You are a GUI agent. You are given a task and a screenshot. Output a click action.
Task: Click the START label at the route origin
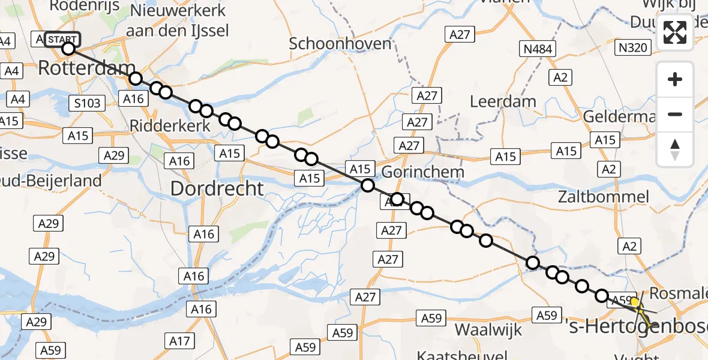pyautogui.click(x=61, y=40)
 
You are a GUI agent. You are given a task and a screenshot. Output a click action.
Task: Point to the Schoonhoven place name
pyautogui.click(x=340, y=43)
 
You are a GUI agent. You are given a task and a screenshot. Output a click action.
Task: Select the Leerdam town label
pyautogui.click(x=503, y=101)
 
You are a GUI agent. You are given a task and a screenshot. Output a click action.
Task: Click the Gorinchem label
pyautogui.click(x=422, y=172)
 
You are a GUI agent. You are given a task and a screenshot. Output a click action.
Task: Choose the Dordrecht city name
pyautogui.click(x=217, y=188)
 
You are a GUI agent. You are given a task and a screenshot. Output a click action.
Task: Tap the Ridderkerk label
pyautogui.click(x=170, y=126)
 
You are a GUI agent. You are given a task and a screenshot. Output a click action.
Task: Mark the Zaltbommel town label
pyautogui.click(x=603, y=197)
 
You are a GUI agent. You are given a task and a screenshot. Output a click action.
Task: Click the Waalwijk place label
pyautogui.click(x=490, y=329)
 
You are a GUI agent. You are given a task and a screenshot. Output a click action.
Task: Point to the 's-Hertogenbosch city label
pyautogui.click(x=637, y=327)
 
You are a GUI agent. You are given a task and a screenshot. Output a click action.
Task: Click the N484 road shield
pyautogui.click(x=538, y=49)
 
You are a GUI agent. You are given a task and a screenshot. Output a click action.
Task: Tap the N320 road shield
pyautogui.click(x=634, y=47)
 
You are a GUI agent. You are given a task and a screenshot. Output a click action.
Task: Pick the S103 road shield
pyautogui.click(x=88, y=103)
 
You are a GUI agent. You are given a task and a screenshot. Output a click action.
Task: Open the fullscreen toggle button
pyautogui.click(x=675, y=32)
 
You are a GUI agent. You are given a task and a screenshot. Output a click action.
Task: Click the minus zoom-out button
pyautogui.click(x=675, y=114)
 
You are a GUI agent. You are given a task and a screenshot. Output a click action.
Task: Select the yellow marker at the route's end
pyautogui.click(x=634, y=301)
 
